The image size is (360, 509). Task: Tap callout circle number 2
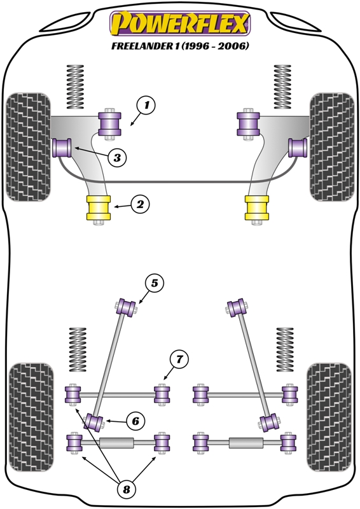coord(140,204)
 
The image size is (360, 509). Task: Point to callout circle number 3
coord(116,157)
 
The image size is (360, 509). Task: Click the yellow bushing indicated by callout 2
coord(99,208)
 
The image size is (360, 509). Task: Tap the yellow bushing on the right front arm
coord(257,208)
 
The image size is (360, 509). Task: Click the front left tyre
coord(29,146)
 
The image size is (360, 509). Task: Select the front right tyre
coord(331,146)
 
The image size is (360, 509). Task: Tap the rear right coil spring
coord(286,349)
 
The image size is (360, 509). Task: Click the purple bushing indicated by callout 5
coord(128,307)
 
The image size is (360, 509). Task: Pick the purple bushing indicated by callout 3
coord(63,148)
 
